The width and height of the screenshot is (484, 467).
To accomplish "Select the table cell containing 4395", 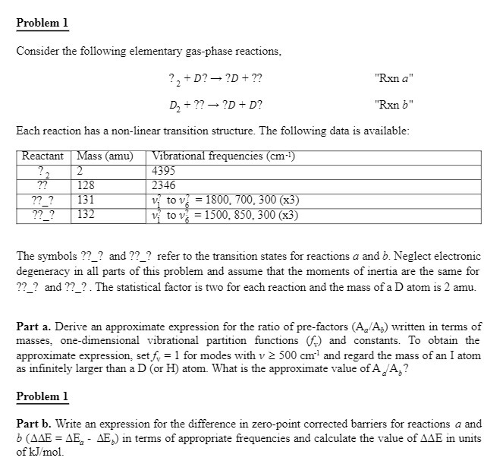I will click(x=165, y=171).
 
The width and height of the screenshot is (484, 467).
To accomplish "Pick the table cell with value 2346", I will click(x=165, y=185).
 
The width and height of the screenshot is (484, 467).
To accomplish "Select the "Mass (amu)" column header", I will click(x=105, y=156).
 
